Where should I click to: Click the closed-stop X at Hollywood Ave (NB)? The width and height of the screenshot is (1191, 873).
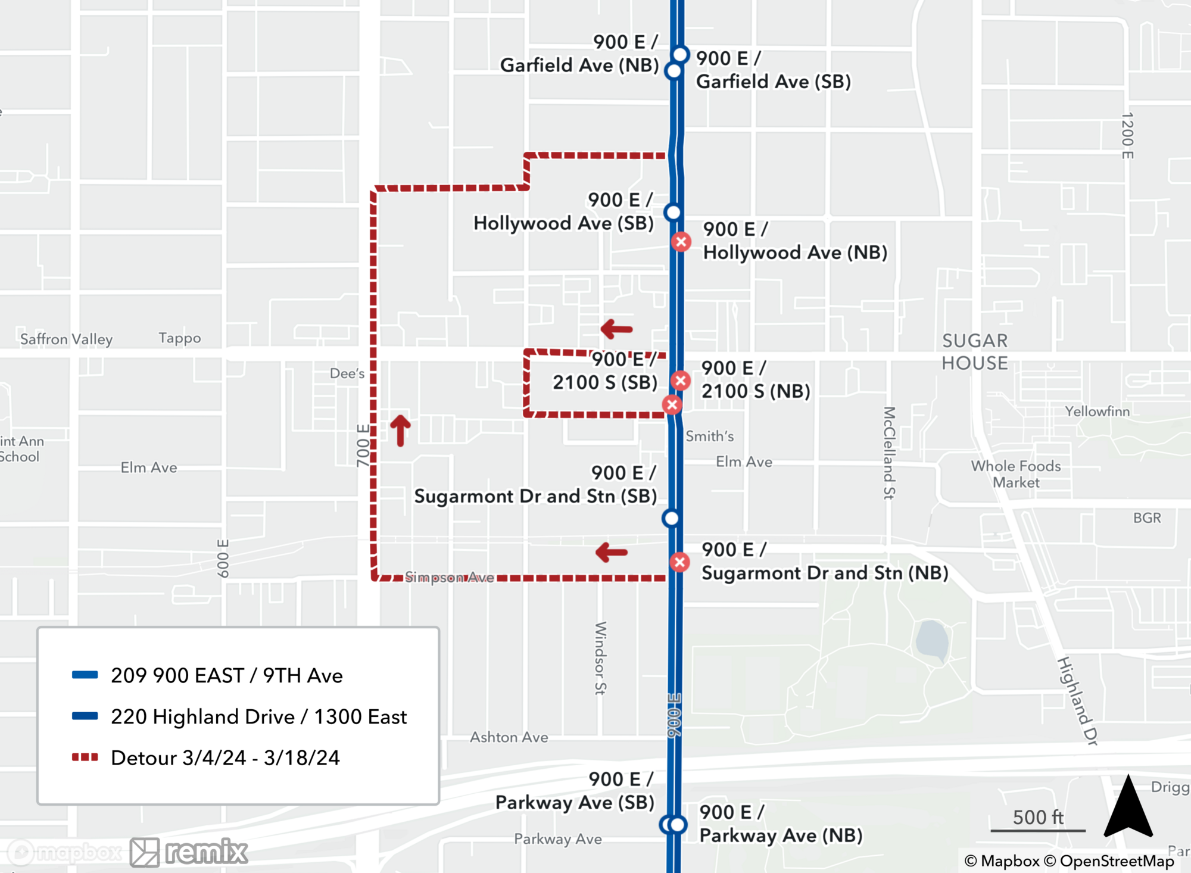[681, 242]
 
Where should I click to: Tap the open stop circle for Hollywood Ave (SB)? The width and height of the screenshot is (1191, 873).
[673, 212]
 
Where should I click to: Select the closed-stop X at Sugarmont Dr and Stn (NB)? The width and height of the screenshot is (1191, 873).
[679, 562]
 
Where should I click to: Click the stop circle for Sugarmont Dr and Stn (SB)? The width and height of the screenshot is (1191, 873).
[671, 518]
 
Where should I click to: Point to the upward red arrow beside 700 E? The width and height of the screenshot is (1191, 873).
[400, 430]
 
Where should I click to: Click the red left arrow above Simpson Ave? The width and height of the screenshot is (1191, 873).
[612, 553]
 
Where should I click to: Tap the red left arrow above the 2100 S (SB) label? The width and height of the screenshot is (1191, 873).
[616, 329]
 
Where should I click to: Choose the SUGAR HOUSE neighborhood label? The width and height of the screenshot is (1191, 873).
[975, 351]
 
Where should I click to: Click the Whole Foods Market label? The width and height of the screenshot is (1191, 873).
[1016, 474]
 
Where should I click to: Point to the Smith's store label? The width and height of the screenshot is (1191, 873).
[709, 436]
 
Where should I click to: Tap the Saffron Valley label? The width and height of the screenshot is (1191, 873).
[66, 339]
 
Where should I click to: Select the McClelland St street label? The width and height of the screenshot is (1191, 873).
[889, 453]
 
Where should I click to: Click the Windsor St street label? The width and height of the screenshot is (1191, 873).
[600, 658]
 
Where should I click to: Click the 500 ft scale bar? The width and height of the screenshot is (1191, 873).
[1038, 829]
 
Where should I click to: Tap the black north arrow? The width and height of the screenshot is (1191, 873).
[1128, 807]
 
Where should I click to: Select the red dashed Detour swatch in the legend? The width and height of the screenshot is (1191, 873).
[85, 757]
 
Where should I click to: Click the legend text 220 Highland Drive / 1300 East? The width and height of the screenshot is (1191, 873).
[258, 716]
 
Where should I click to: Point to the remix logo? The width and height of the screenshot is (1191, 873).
[189, 852]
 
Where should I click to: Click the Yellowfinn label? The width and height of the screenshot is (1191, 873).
[1097, 411]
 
